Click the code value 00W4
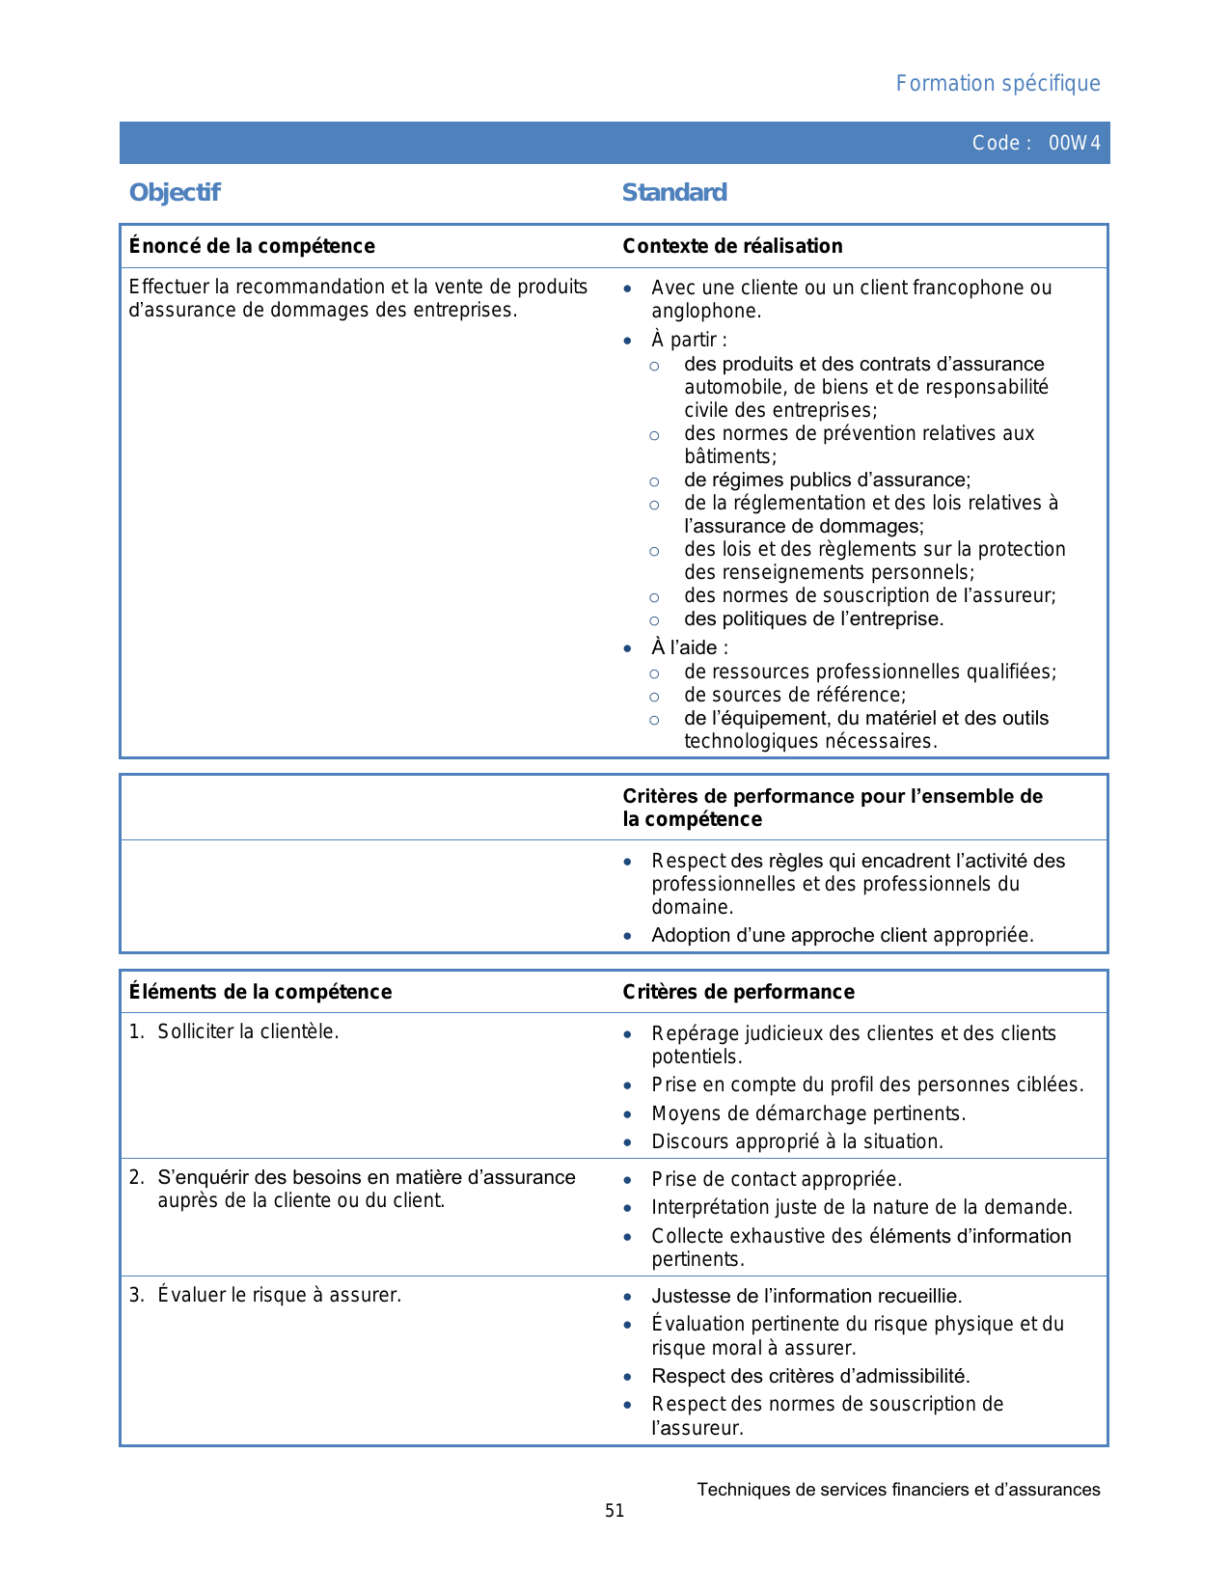tap(1074, 144)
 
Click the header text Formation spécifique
tap(998, 84)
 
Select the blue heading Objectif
tap(175, 193)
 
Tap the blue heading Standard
tap(674, 193)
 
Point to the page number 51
tap(615, 1511)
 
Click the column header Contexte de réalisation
tap(732, 246)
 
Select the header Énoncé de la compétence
tap(252, 246)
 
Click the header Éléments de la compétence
tap(260, 992)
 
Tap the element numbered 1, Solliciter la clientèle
tap(248, 1031)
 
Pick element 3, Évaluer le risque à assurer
tap(279, 1295)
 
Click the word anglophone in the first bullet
tap(705, 311)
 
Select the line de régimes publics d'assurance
tap(827, 480)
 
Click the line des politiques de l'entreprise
tap(813, 618)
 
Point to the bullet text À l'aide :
tap(689, 647)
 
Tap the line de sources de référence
tap(795, 695)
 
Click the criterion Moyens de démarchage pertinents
tap(807, 1113)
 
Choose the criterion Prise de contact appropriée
tap(776, 1179)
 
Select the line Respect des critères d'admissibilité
tap(810, 1376)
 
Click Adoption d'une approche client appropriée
tap(841, 935)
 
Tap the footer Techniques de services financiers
tap(898, 1490)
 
